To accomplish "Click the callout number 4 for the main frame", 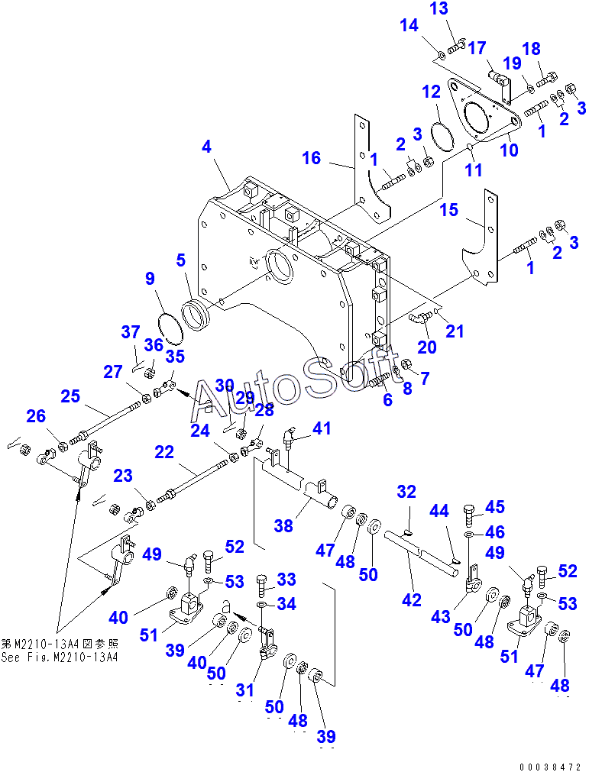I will (206, 147).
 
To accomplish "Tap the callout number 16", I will (312, 158).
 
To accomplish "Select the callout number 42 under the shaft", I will (412, 600).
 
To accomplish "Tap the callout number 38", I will (284, 525).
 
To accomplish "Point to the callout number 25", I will (71, 396).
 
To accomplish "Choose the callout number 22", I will (164, 452).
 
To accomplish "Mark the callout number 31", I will (244, 690).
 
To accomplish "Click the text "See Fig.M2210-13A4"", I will (60, 657).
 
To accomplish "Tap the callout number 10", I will (509, 150).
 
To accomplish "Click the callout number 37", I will (131, 332).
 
